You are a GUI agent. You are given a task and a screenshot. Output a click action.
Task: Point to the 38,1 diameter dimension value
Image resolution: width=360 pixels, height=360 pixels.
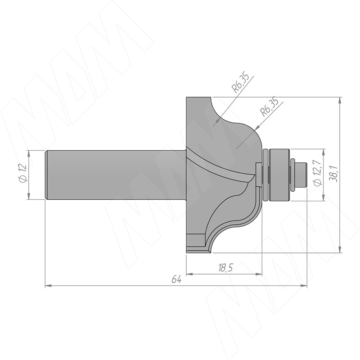point(333,174)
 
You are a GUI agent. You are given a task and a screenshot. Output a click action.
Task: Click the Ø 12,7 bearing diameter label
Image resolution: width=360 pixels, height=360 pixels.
point(318,173)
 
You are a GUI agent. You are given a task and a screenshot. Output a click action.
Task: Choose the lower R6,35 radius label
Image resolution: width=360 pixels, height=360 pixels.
point(269,108)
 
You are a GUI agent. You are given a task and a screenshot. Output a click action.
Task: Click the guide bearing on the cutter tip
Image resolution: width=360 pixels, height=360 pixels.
point(279,175)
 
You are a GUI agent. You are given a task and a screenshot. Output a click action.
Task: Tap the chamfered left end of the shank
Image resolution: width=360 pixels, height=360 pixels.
point(46,175)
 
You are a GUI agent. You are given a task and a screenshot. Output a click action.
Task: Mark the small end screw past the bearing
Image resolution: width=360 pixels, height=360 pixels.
point(301,175)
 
